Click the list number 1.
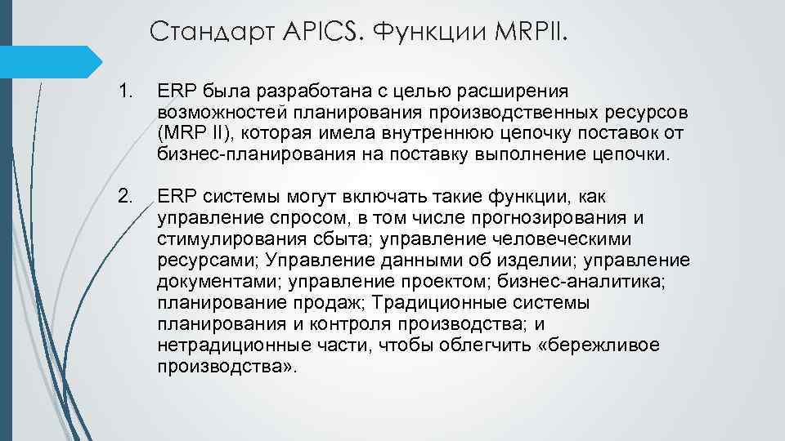[x=124, y=89]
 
